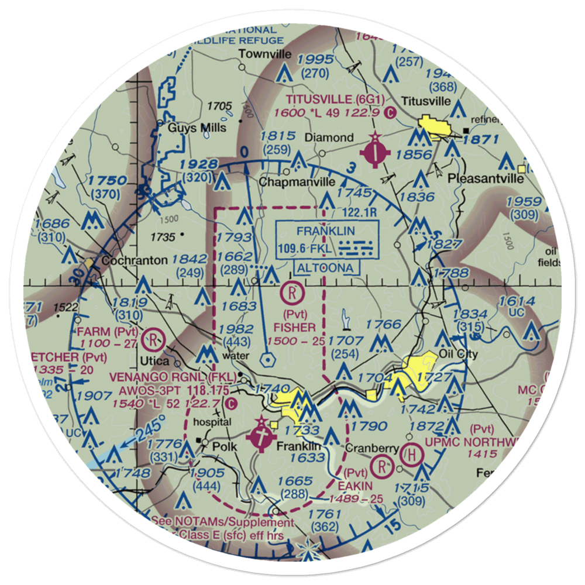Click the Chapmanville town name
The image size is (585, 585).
pos(297,182)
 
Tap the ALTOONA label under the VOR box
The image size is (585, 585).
pos(325,268)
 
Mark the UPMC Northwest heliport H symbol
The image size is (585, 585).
pos(412,455)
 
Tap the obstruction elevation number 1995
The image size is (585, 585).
pos(314,60)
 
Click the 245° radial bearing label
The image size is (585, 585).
pos(148,426)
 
